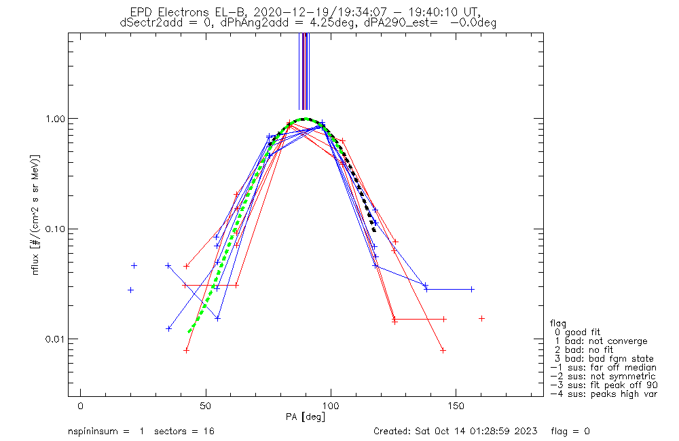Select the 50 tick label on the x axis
[206, 406]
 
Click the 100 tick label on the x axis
[331, 406]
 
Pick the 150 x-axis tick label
[456, 406]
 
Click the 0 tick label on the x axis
[81, 406]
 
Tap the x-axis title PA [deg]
[306, 417]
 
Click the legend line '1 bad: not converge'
[601, 341]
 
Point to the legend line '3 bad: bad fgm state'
[604, 359]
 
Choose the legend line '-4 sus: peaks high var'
[604, 394]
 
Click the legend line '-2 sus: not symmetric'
[603, 377]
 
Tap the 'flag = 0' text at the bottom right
[570, 432]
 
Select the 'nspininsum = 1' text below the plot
[106, 432]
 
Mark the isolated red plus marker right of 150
[481, 318]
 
